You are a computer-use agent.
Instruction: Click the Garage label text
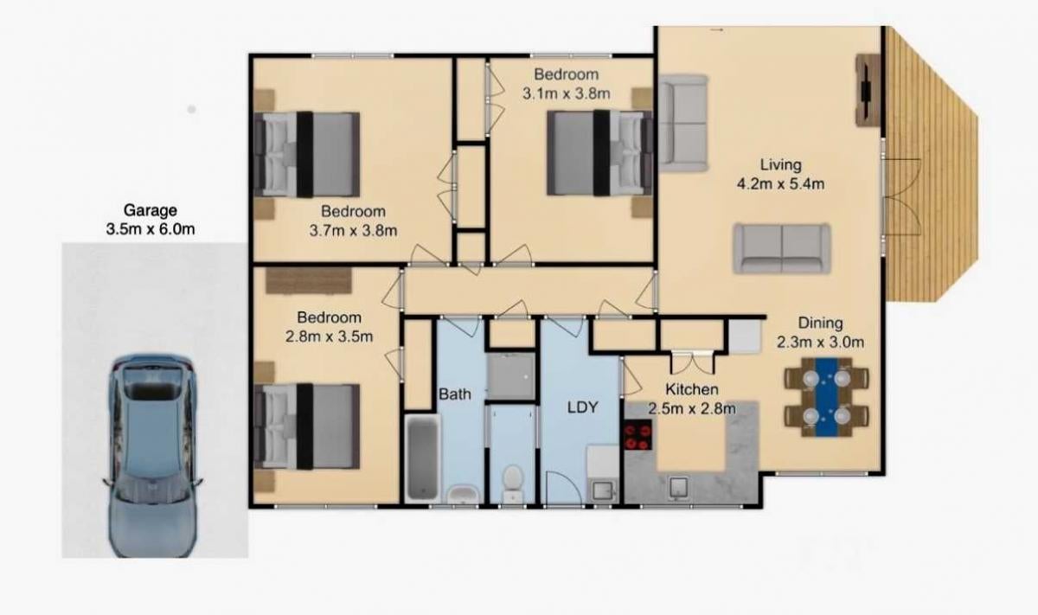click(151, 210)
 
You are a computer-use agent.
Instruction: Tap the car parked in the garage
click(152, 456)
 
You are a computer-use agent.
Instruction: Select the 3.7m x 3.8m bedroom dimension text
click(353, 231)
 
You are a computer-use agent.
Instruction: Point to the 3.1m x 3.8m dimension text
click(567, 94)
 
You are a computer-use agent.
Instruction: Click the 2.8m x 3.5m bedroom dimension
click(329, 337)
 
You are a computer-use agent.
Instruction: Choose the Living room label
click(781, 164)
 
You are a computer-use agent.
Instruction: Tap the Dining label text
click(820, 323)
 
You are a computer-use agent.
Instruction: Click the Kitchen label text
click(692, 389)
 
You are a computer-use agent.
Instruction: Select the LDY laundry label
click(582, 407)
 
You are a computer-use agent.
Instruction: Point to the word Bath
click(455, 394)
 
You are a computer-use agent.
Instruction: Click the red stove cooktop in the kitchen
click(638, 435)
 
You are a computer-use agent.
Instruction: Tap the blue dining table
click(827, 397)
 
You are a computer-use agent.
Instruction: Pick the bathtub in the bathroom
click(422, 458)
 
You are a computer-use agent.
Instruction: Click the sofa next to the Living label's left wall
click(683, 124)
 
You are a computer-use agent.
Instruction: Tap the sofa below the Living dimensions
click(781, 249)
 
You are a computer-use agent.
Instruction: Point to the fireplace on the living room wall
click(868, 90)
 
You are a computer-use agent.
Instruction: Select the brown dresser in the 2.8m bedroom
click(309, 280)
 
